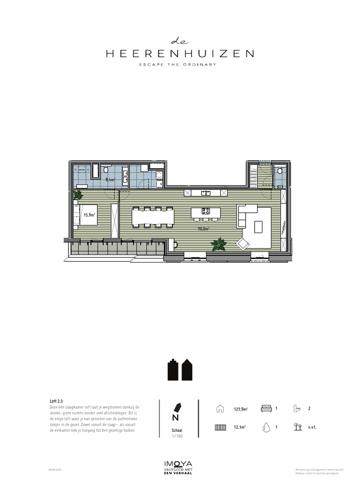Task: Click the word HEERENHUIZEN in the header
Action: click(x=180, y=54)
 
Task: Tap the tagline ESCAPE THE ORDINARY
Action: click(x=180, y=65)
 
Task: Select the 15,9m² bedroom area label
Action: click(x=89, y=215)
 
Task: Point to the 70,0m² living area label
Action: click(x=203, y=229)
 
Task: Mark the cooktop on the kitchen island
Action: click(x=206, y=211)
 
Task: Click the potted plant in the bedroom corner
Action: click(x=78, y=195)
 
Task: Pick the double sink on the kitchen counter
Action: click(x=206, y=193)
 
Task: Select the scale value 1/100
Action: click(x=177, y=436)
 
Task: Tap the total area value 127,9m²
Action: click(x=240, y=409)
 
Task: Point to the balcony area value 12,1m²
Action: click(x=240, y=427)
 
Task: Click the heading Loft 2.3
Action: click(x=56, y=402)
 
